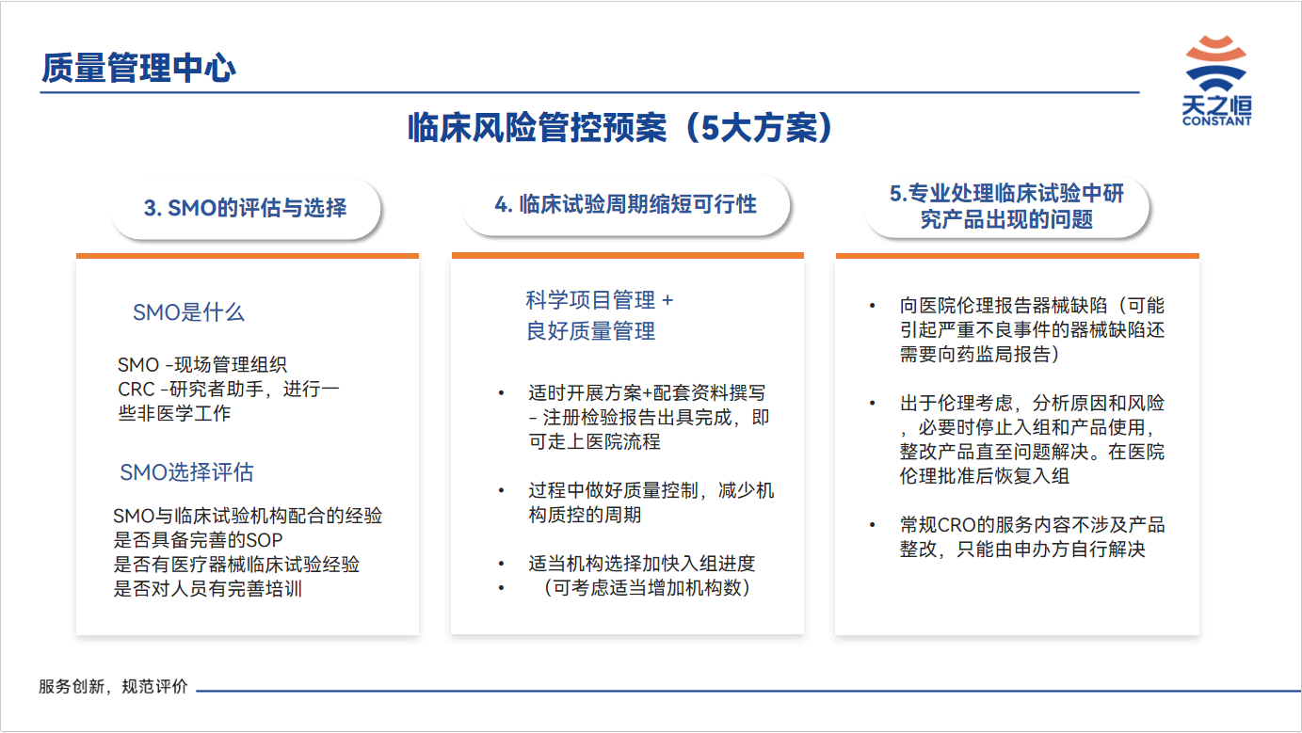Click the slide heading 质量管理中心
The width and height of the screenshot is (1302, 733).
138,68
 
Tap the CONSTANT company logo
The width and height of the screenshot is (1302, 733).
1216,81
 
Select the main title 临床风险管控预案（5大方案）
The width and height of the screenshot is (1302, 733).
619,128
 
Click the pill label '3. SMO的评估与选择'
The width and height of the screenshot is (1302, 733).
246,208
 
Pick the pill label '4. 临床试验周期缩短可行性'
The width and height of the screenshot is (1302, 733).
625,204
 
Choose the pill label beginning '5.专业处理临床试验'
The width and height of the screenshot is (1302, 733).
1006,206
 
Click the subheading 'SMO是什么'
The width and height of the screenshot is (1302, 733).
188,312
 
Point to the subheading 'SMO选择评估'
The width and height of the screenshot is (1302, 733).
186,472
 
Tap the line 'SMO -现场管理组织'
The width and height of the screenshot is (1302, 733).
202,365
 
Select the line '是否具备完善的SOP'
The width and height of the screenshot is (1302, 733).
198,540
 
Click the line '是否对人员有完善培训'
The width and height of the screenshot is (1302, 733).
207,589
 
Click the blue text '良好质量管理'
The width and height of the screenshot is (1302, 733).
590,331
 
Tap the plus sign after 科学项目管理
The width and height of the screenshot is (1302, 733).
667,300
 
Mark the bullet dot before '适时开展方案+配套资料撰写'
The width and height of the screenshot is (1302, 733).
501,393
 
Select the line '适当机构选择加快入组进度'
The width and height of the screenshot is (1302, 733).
642,564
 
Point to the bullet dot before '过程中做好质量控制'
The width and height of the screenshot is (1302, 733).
501,491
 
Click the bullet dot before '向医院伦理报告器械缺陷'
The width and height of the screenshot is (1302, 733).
872,306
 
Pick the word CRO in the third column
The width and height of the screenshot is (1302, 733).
956,525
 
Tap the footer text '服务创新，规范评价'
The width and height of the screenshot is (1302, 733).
113,687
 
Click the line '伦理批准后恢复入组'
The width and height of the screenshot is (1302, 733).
985,476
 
